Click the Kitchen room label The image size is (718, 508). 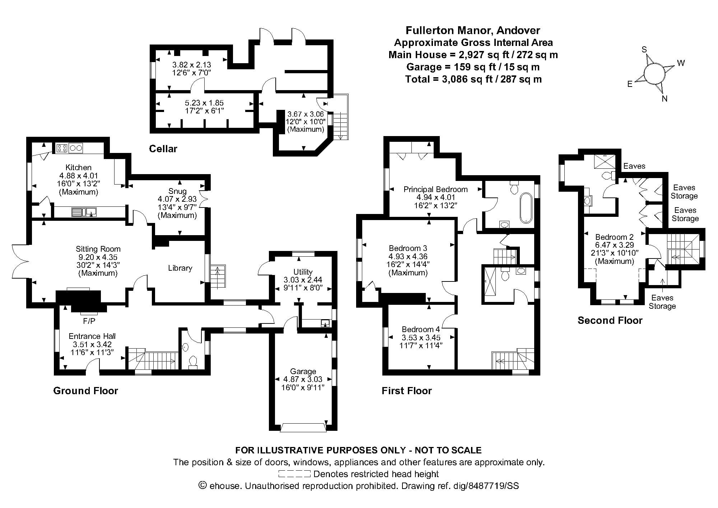(x=78, y=167)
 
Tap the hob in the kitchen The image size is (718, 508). (x=62, y=148)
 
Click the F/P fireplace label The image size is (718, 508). (x=89, y=321)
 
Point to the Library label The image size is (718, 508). (x=180, y=268)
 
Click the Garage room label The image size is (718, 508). (x=303, y=371)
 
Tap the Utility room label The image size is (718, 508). (x=303, y=272)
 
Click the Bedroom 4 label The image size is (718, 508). (x=420, y=329)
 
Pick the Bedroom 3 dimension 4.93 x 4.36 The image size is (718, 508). (x=408, y=256)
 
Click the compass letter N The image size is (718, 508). (x=664, y=99)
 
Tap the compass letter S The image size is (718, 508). (x=644, y=50)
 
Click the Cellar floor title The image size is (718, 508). (x=163, y=149)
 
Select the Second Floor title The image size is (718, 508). (x=610, y=320)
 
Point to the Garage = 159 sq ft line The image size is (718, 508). (x=473, y=67)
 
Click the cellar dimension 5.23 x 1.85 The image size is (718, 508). (x=204, y=103)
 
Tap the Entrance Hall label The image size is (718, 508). (x=92, y=336)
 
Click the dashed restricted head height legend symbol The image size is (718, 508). (x=294, y=474)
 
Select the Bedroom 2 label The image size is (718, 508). (x=614, y=237)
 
